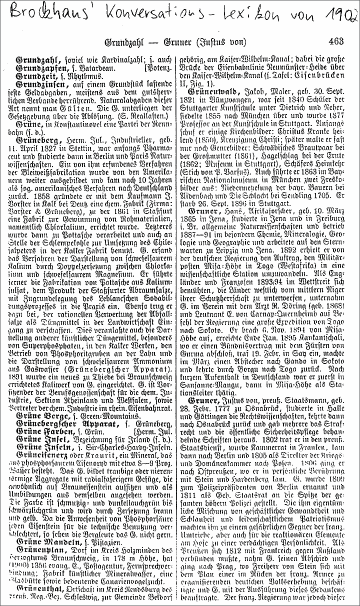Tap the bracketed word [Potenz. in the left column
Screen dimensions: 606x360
tap(159, 66)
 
